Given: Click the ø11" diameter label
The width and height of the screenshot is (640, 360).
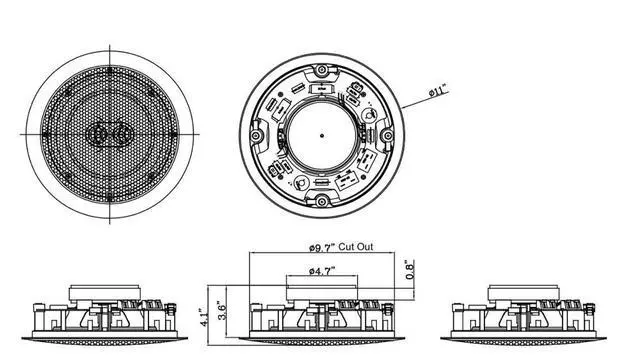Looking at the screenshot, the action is point(438,90).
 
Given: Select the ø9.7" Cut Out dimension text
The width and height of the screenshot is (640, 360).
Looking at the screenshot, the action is point(341,247).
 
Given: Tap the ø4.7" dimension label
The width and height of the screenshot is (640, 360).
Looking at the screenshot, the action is point(322,271).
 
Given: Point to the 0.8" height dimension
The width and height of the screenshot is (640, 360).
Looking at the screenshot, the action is point(409,269).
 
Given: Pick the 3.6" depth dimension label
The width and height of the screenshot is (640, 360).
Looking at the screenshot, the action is point(222,311).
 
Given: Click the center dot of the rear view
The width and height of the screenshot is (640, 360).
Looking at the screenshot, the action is point(322,136).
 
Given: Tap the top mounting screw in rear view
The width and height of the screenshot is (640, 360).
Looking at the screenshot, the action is point(322,70).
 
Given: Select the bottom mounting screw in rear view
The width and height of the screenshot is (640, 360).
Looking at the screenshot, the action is point(322,201).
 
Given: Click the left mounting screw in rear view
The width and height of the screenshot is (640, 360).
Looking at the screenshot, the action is point(256,136).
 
